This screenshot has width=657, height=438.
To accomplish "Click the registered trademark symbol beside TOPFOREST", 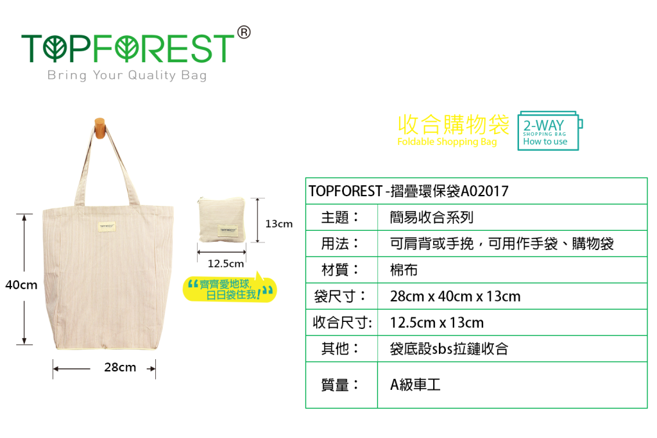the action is pyautogui.click(x=243, y=32).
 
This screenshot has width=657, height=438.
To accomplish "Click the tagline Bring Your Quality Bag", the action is pyautogui.click(x=127, y=76).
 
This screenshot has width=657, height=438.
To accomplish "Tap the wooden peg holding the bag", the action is pyautogui.click(x=99, y=128).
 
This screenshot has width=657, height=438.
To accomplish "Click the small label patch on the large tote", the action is pyautogui.click(x=107, y=226).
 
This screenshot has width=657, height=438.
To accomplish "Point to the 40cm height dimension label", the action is pyautogui.click(x=21, y=285).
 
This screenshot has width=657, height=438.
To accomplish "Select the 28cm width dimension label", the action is pyautogui.click(x=120, y=367).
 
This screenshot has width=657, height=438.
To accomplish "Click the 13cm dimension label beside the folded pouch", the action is pyautogui.click(x=279, y=224).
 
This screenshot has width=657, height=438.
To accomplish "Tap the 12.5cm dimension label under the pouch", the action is pyautogui.click(x=226, y=264).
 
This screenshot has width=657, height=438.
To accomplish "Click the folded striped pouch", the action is pyautogui.click(x=221, y=220).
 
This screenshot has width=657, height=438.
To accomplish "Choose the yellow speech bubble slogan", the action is pyautogui.click(x=230, y=289).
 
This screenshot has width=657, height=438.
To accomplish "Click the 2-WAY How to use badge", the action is pyautogui.click(x=550, y=131).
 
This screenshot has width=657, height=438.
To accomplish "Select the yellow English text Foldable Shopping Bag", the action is pyautogui.click(x=447, y=142).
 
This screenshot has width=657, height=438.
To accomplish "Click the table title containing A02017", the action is pyautogui.click(x=409, y=191).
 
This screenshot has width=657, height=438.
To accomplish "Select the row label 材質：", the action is pyautogui.click(x=340, y=270).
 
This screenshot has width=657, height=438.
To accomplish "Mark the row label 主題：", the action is pyautogui.click(x=340, y=217).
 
